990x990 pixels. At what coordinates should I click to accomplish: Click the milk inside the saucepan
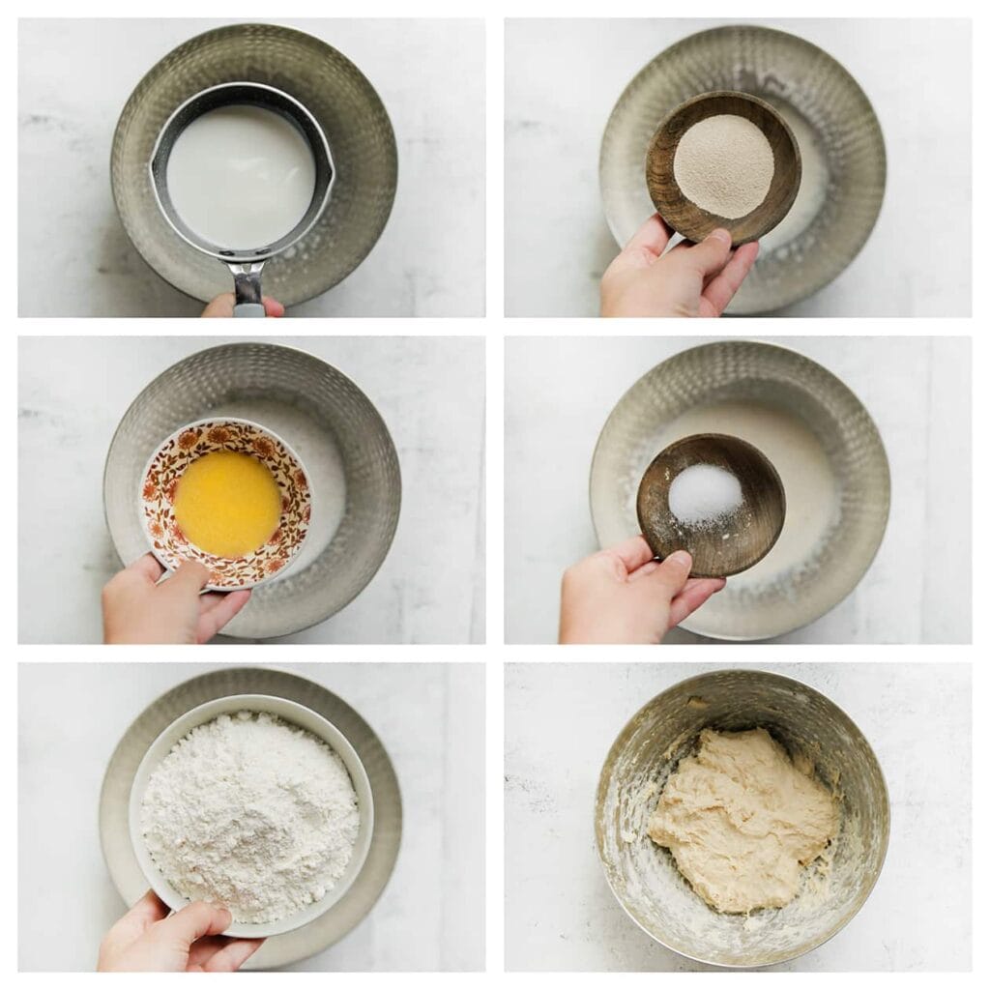pyautogui.click(x=240, y=174)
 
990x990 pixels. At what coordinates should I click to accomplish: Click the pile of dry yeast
pyautogui.click(x=723, y=165)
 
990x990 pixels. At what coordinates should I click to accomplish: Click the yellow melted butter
pyautogui.click(x=227, y=504)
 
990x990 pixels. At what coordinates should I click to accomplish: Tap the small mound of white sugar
pyautogui.click(x=705, y=493)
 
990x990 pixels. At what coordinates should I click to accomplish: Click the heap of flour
pyautogui.click(x=249, y=812)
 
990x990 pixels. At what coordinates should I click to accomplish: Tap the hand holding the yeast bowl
pyautogui.click(x=667, y=280)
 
